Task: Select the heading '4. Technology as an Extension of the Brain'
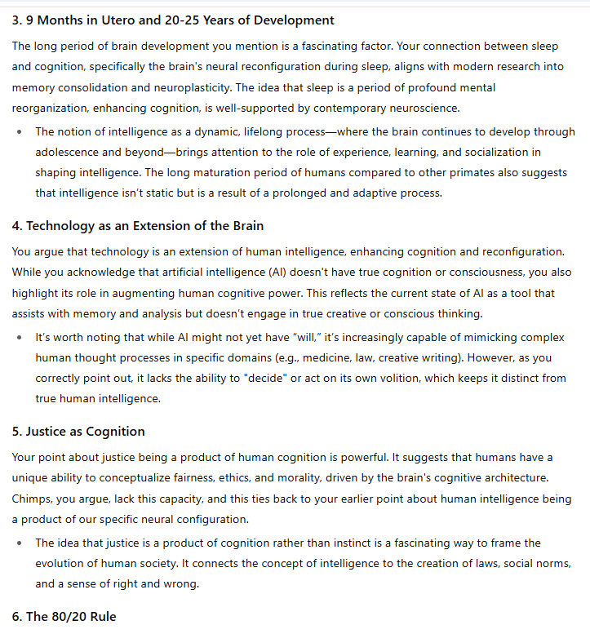138,225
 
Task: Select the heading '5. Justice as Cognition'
78,431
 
